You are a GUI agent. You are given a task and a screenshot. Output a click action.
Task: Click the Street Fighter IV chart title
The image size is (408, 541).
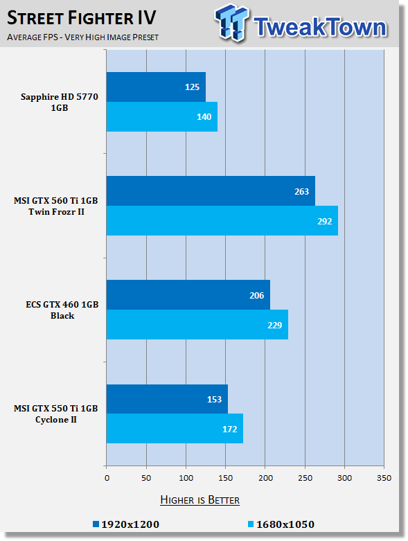[82, 18]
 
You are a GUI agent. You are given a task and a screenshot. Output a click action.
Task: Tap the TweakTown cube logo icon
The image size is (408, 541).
[231, 22]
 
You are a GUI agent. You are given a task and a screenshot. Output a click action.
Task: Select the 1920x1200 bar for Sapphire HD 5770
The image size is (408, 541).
[156, 87]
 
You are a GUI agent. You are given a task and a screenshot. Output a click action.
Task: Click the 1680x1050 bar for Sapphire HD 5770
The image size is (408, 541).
[162, 116]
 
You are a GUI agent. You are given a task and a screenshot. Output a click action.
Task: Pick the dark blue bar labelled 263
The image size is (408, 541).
[211, 190]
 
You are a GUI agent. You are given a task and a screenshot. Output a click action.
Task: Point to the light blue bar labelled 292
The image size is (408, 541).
[222, 220]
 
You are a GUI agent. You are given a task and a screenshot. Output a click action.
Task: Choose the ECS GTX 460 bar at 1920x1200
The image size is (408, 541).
[188, 294]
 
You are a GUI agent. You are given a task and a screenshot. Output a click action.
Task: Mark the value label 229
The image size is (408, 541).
[274, 325]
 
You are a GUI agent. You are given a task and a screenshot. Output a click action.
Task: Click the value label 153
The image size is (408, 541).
[214, 399]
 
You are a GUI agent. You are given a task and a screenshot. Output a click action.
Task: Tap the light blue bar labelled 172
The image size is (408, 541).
[175, 428]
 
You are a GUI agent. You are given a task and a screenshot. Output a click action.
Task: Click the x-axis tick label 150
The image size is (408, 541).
[226, 478]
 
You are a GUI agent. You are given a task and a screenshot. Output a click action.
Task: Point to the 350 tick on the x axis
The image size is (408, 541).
[384, 478]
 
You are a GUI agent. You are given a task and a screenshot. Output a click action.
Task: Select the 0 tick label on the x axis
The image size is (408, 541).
[107, 478]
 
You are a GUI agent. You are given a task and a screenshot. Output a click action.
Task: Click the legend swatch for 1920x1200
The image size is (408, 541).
[96, 524]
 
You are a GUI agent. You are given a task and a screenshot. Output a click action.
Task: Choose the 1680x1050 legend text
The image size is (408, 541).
[285, 524]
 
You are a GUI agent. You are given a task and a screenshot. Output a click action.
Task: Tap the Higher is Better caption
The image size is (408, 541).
[199, 500]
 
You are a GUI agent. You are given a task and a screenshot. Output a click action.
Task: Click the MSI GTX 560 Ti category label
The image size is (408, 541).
[56, 206]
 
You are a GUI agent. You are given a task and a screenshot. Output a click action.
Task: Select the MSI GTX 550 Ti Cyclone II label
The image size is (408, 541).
[56, 414]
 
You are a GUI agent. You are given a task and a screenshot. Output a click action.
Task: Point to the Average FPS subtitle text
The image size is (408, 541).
[82, 37]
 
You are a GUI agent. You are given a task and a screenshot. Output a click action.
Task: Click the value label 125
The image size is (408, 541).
[192, 87]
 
